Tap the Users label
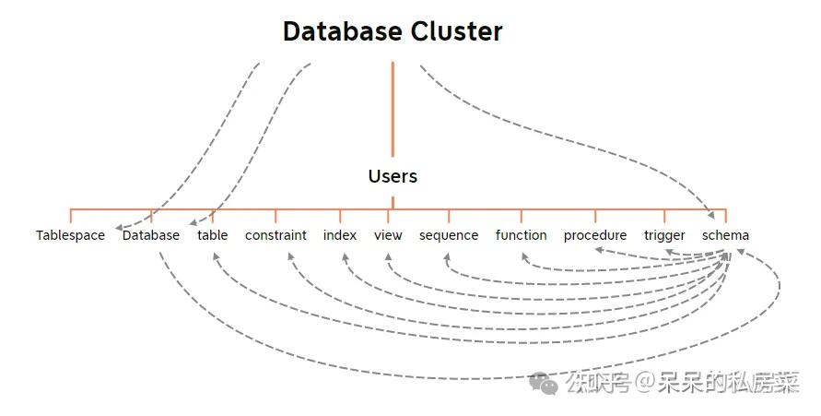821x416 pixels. (393, 176)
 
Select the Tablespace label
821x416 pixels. (71, 235)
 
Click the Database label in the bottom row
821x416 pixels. (151, 235)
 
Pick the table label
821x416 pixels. (213, 235)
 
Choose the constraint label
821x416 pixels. (276, 235)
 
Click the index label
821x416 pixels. (340, 235)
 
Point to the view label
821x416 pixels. (388, 235)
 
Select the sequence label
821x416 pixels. (449, 235)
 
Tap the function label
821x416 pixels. (521, 235)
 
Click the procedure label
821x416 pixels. (595, 235)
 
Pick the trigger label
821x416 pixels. (664, 235)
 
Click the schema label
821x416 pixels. (725, 235)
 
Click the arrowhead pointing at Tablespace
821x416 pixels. (117, 226)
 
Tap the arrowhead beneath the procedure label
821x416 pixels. (596, 249)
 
